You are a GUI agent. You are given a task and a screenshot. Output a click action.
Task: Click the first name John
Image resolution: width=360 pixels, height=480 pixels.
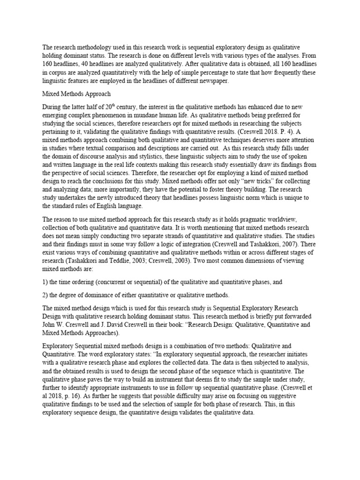click(x=50, y=324)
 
